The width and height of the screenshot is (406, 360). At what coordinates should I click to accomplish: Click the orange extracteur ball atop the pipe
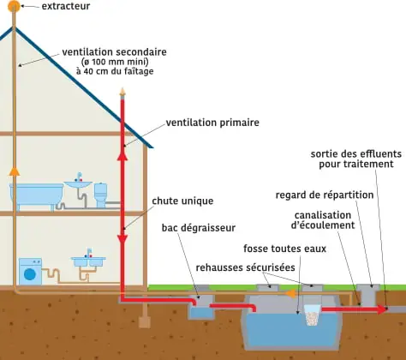tap(14, 6)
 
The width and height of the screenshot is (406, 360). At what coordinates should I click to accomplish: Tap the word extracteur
tap(66, 6)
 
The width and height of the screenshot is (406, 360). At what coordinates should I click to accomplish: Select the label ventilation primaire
tap(212, 123)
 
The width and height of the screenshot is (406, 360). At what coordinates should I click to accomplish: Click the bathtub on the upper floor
tap(37, 196)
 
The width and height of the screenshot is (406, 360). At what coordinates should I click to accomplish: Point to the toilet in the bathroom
tap(101, 195)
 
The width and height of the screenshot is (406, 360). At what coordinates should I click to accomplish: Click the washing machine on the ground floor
tap(30, 272)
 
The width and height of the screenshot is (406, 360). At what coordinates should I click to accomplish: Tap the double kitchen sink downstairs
tap(88, 261)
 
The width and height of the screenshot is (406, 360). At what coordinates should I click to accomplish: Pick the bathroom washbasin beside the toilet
tap(78, 183)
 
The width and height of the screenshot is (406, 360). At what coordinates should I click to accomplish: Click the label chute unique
tap(182, 201)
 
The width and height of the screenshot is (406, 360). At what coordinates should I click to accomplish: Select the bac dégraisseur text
tap(199, 228)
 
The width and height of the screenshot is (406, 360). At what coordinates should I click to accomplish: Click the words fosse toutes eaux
tap(284, 249)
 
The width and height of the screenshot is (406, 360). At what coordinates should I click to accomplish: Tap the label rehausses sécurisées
tap(245, 267)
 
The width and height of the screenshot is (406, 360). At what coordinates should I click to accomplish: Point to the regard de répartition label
tap(325, 195)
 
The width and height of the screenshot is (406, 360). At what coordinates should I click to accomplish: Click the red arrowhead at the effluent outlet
tap(382, 309)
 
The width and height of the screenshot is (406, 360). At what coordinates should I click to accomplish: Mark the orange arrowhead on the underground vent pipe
tap(290, 294)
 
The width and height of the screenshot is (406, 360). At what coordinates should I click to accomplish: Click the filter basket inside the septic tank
tap(313, 315)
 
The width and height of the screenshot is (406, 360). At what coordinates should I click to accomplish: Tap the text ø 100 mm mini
tap(115, 62)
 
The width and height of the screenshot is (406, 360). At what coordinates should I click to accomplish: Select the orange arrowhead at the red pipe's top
tap(122, 92)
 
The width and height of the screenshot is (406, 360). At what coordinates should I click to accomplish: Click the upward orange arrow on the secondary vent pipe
tap(14, 171)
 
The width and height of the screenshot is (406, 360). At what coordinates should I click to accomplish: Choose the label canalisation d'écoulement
tap(323, 220)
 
